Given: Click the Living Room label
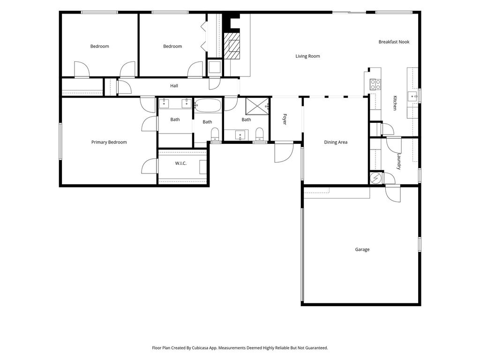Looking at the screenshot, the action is click(307, 56).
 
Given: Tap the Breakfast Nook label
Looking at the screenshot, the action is click(394, 42).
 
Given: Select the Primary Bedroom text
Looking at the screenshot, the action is click(109, 142).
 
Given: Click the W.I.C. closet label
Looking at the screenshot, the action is click(180, 163).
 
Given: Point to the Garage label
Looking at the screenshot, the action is click(362, 249).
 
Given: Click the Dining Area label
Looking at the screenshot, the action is click(336, 142).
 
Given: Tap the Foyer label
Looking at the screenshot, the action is click(285, 119).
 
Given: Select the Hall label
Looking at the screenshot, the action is click(174, 86).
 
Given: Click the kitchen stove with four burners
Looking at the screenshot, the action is click(375, 84).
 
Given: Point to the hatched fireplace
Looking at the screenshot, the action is click(232, 45).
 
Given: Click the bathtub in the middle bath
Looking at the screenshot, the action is click(208, 105).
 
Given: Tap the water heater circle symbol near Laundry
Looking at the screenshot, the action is click(376, 178).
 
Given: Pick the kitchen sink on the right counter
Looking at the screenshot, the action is click(412, 96).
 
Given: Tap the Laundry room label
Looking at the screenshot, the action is click(398, 161).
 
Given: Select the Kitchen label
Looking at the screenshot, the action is click(395, 103).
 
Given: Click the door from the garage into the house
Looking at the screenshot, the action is click(393, 194).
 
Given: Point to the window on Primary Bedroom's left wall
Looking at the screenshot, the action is click(60, 141).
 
